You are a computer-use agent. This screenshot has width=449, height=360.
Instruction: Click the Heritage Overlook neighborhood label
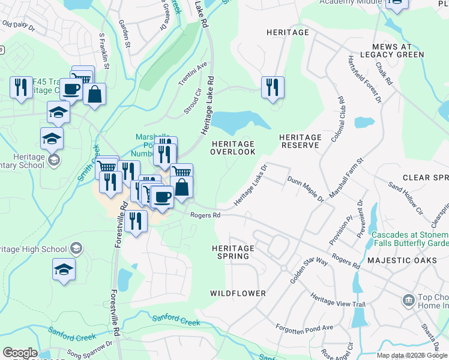click(x=232, y=148)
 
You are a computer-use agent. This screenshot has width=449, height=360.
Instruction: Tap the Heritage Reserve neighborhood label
click(x=300, y=142)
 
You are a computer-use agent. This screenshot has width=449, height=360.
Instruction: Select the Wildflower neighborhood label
click(x=238, y=293)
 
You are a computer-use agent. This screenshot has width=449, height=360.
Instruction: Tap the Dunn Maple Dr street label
click(x=305, y=189)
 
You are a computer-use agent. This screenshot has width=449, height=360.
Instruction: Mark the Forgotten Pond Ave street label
click(x=304, y=328)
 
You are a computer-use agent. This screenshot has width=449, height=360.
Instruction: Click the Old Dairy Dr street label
click(x=19, y=26)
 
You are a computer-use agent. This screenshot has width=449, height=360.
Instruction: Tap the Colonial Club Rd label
click(x=340, y=116)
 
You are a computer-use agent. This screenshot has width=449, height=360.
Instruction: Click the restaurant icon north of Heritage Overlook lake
click(x=273, y=87)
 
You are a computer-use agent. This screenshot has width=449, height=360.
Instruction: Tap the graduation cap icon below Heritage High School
click(x=64, y=269)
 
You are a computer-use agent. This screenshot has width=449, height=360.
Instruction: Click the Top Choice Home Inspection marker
click(x=408, y=299)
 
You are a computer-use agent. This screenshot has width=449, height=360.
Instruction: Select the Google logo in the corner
click(x=20, y=353)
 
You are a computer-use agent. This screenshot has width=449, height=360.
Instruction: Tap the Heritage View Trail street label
click(x=337, y=300)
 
